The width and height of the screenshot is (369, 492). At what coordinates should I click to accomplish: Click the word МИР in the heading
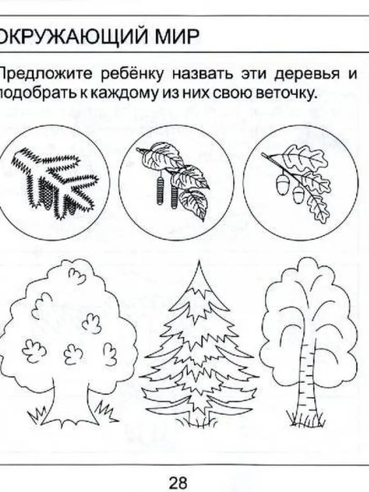pyautogui.click(x=177, y=36)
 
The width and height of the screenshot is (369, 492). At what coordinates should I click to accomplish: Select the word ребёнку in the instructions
pyautogui.click(x=132, y=74)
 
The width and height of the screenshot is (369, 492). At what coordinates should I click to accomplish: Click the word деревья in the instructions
pyautogui.click(x=307, y=74)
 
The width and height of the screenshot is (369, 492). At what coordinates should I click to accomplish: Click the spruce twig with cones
pyautogui.click(x=55, y=183)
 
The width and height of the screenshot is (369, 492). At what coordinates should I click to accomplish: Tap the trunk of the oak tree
pyautogui.click(x=71, y=401)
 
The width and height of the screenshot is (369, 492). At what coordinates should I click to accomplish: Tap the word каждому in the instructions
pyautogui.click(x=124, y=94)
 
